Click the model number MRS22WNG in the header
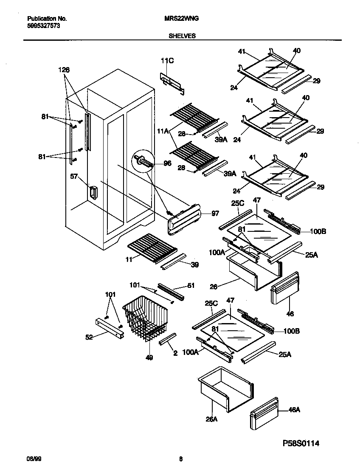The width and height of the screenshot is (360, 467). [x=182, y=19]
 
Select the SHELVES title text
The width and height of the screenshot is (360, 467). [x=182, y=36]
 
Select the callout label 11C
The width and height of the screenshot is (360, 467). [x=167, y=61]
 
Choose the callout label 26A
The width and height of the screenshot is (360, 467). [x=211, y=419]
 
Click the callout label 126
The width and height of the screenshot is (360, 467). [x=64, y=70]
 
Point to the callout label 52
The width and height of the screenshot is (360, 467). [x=90, y=337]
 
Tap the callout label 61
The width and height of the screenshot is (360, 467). [x=191, y=286]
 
